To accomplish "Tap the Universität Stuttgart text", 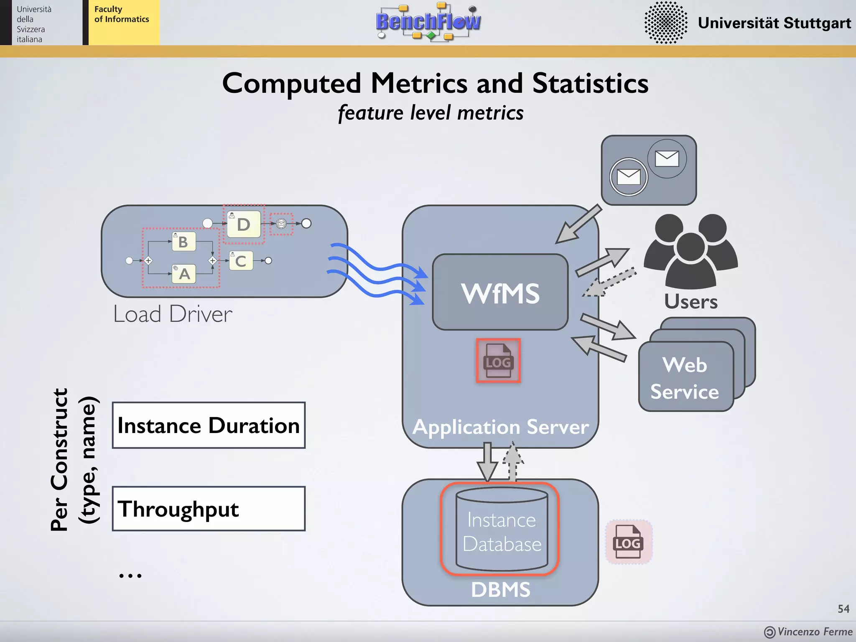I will point(774,23).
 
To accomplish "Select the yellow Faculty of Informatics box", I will point(122,22).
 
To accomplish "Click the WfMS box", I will point(500,292).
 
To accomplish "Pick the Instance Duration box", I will point(209,425).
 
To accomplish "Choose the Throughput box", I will point(209,509).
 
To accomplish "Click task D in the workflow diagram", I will point(244,224).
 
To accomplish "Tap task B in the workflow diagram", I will point(183,242).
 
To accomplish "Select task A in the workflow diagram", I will point(184,274).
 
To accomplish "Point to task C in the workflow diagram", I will point(241,261).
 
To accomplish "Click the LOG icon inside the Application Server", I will point(498,361).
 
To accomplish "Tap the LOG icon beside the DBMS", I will point(628,543).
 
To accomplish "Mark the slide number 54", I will point(843,609).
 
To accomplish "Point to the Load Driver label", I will point(173,314).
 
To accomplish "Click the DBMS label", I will point(500,590).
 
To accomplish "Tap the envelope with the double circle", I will point(628,177).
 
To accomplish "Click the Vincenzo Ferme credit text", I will point(814,632).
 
